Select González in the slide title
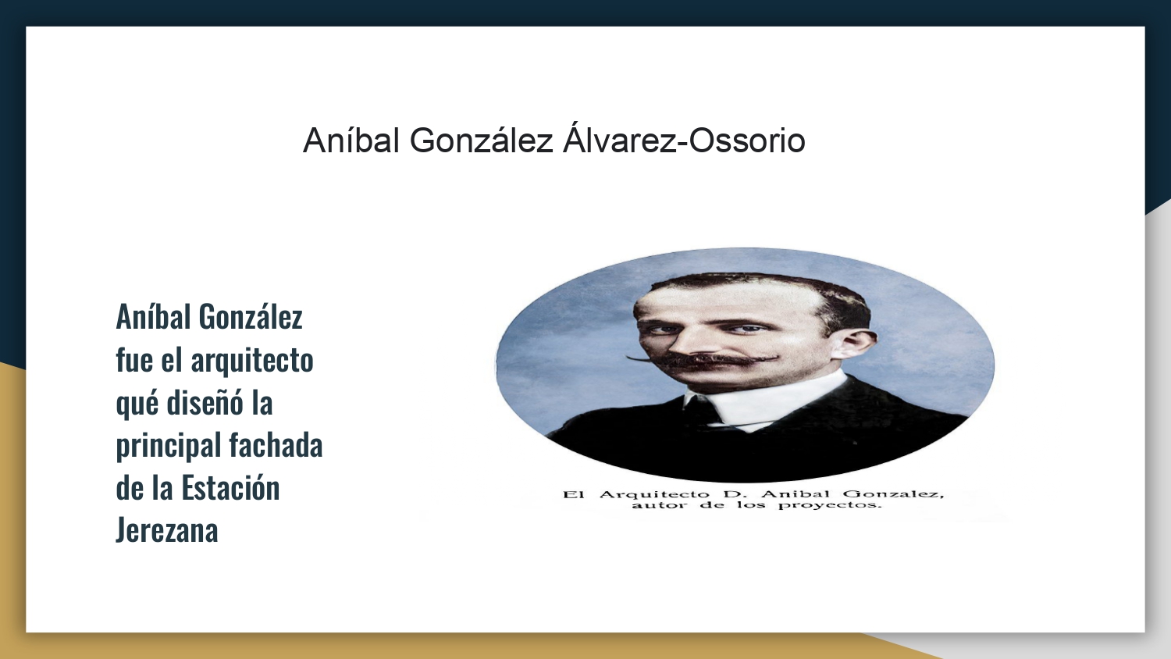(481, 141)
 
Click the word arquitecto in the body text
(252, 362)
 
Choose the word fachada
(276, 446)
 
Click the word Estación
(230, 488)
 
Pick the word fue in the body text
(134, 361)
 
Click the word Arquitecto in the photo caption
(654, 495)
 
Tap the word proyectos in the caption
(830, 506)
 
